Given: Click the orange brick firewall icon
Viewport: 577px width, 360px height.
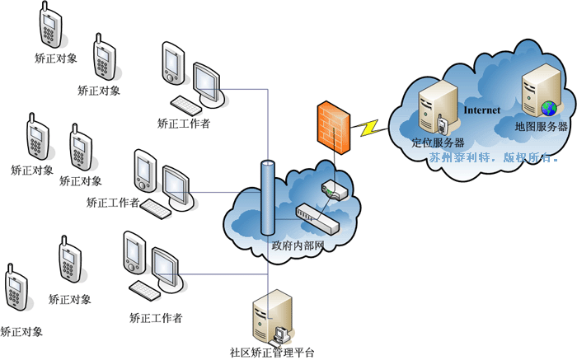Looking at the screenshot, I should (x=333, y=125).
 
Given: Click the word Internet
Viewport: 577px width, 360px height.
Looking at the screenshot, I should (x=482, y=110).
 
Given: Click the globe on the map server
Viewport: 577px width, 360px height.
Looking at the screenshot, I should (x=548, y=108).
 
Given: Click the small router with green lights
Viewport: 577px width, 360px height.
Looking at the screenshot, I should (x=335, y=191).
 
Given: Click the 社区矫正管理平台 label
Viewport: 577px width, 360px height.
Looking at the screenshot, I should (x=273, y=353).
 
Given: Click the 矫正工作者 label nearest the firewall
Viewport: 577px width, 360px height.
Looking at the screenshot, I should (x=183, y=124).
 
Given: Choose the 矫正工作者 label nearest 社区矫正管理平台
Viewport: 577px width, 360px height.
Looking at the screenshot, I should (x=156, y=317).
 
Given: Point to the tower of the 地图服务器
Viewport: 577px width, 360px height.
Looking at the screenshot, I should (x=537, y=91).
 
